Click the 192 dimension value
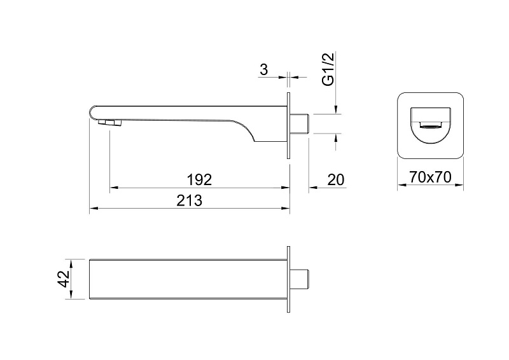point(199,180)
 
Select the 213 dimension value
point(189,200)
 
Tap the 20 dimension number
point(336,180)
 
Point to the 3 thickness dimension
point(264,69)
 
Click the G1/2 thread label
point(328,69)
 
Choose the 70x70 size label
point(430,177)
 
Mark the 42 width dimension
point(64,279)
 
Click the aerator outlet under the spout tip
point(109,122)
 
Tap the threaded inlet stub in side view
point(299,123)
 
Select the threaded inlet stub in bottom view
point(299,279)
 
